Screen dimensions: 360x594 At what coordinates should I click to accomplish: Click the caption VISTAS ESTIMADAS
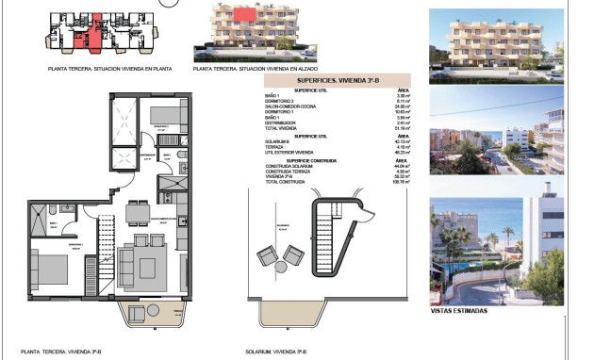point(459,309)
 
